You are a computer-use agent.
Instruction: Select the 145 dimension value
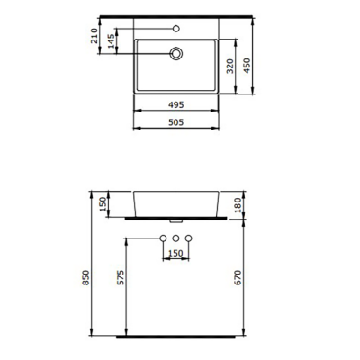click(x=111, y=42)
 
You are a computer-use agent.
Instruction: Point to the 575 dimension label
click(x=121, y=280)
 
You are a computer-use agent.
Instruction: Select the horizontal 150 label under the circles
click(x=175, y=253)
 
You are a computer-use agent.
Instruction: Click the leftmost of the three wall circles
click(x=163, y=237)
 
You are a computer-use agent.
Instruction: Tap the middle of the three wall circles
click(x=176, y=237)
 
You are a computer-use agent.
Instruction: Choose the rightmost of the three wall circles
click(x=189, y=237)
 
